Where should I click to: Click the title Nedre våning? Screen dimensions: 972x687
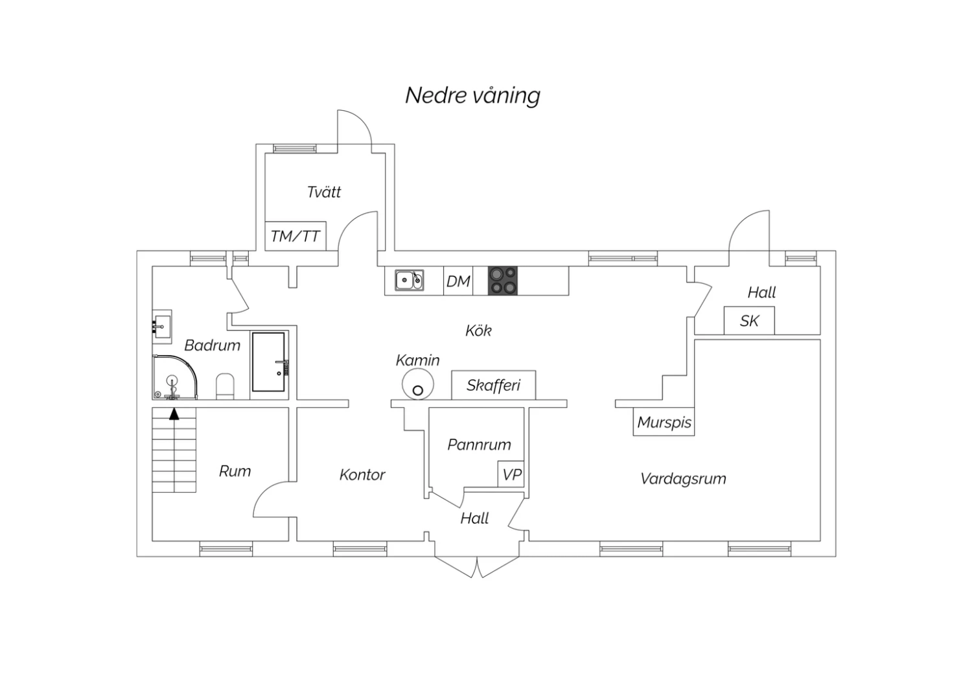coord(472,95)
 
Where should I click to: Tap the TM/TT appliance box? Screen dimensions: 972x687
coord(295,236)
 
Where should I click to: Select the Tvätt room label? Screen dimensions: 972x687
coord(324,192)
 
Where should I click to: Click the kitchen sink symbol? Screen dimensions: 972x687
coord(409,280)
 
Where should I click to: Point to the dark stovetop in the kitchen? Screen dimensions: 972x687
coord(502,281)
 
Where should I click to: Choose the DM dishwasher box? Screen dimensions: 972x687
coord(458,281)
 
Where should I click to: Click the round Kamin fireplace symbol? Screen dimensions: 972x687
coord(417,384)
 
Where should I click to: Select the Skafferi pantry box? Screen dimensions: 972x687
coord(493,385)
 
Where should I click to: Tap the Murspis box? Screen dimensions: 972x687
coord(664,421)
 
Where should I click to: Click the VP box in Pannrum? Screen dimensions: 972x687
coord(511,474)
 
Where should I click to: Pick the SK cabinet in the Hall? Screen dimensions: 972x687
coord(749,321)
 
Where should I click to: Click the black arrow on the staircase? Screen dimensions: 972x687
coord(174,413)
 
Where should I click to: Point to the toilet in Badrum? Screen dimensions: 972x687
coord(225,386)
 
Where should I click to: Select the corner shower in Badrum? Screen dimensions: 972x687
coord(174,377)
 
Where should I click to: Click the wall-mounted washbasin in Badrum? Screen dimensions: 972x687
coord(162,327)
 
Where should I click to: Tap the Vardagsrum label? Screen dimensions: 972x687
coord(683,479)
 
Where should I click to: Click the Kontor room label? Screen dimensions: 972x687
coord(362,475)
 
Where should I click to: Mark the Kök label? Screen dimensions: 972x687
coord(478,331)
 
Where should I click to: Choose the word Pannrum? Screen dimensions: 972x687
coord(479,445)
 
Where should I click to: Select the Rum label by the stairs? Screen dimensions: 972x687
coord(235,471)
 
